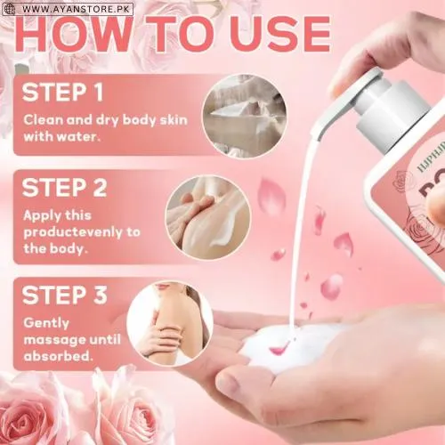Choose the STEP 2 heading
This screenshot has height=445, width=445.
pos(65,190)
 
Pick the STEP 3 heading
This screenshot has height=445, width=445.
pos(65,294)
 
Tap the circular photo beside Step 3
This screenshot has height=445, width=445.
pos(169,320)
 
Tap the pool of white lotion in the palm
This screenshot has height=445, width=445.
pos(289,347)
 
